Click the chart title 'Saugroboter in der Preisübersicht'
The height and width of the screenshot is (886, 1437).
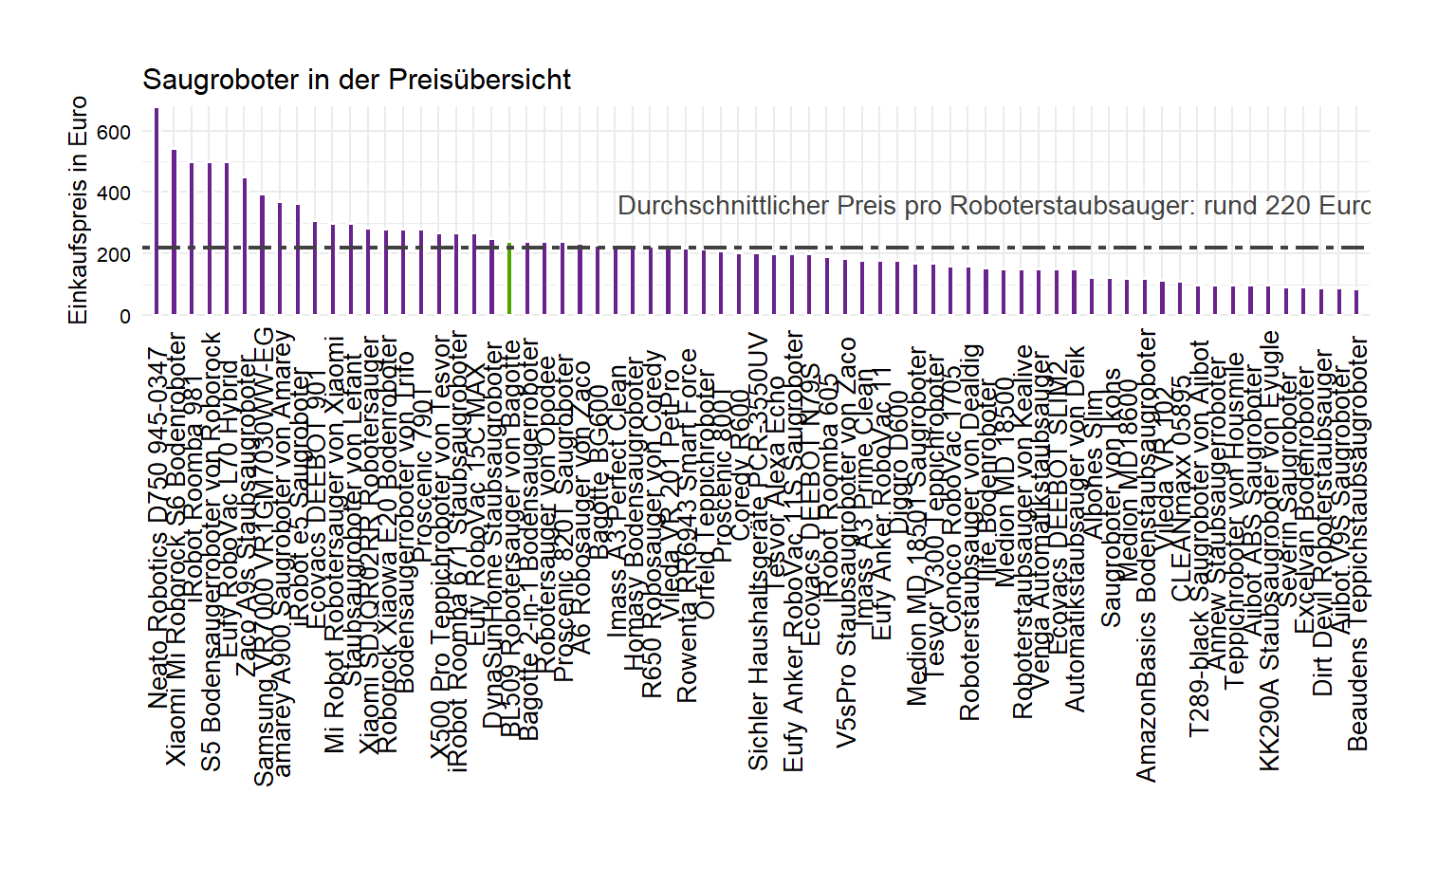point(356,80)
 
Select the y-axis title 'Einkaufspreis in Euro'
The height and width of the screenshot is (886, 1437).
point(78,210)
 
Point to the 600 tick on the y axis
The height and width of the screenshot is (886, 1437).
point(114,132)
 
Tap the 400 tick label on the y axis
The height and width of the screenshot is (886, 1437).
point(114,194)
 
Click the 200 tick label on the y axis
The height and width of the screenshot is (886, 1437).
point(114,255)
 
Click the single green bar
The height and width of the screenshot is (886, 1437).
point(509,279)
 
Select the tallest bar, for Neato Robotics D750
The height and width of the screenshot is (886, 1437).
point(157,211)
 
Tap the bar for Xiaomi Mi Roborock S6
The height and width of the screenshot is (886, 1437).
point(174,231)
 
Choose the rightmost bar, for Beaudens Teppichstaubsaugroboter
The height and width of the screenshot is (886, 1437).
point(1356,302)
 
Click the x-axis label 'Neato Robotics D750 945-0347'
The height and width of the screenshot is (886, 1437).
point(157,528)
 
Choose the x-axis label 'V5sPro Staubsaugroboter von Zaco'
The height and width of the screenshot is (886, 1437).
point(846,543)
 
